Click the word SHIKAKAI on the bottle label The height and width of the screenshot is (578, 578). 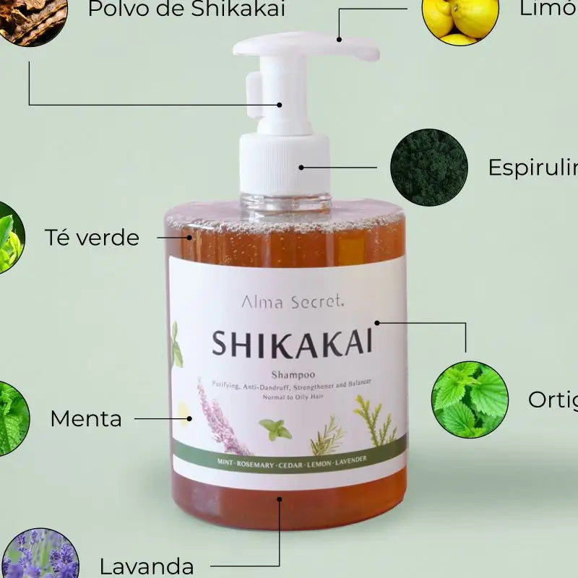coord(292,344)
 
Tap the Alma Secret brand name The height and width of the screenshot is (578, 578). coord(293,303)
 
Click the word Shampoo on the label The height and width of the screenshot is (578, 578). coord(292,374)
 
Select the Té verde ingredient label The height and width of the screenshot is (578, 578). coord(92,237)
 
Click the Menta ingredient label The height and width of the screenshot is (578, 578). coord(86,418)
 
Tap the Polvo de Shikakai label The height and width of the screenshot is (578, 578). coord(186,9)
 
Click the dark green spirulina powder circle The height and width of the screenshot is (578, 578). coord(428,168)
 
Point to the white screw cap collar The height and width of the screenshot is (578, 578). coord(285,163)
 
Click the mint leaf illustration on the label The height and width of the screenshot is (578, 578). coord(275,429)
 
